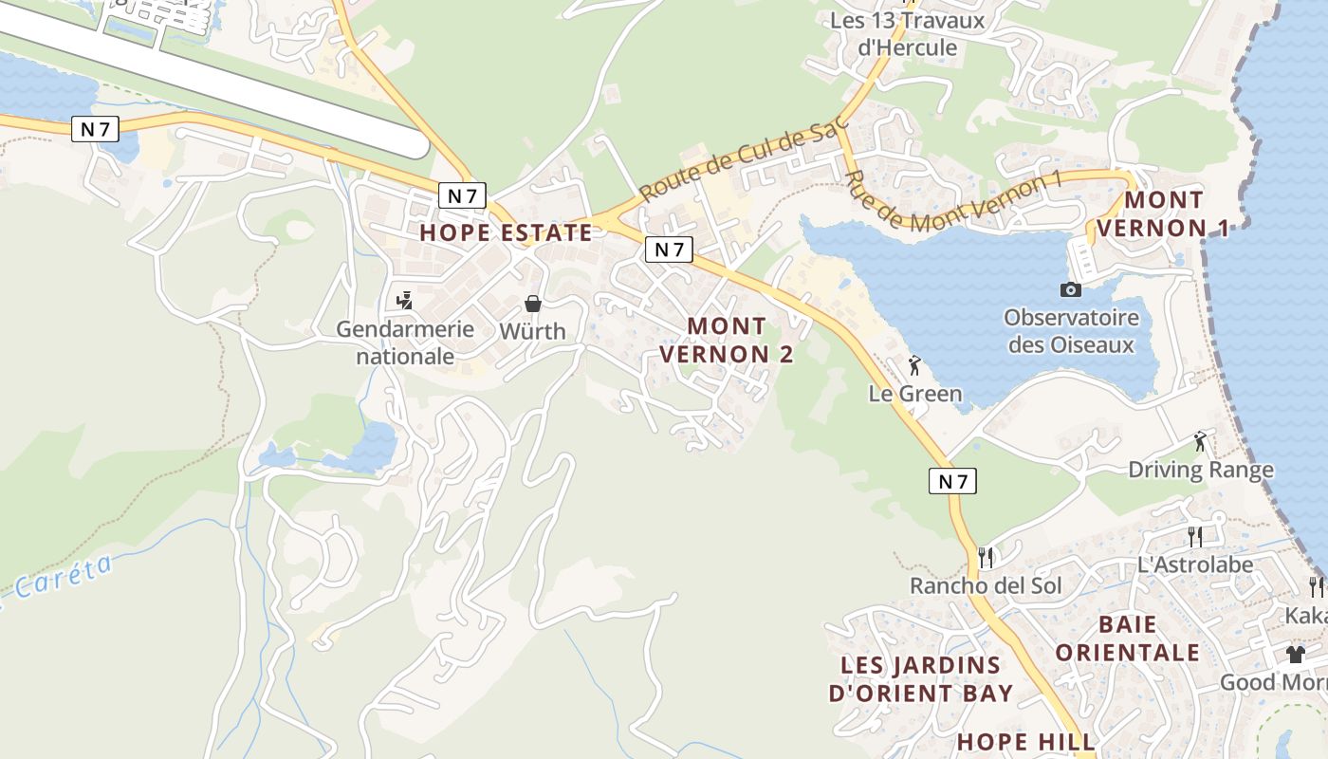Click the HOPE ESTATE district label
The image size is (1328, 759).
point(506,232)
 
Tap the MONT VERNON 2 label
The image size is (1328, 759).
point(726,340)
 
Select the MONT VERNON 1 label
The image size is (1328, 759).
point(1163,213)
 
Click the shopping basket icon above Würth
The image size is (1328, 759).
point(533,304)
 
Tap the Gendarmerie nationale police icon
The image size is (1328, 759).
point(405,301)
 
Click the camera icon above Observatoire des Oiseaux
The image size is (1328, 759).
point(1071,289)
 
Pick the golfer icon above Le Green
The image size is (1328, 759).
point(914,364)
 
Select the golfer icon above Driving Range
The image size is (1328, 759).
point(1201,440)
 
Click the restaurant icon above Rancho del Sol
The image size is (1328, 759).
point(986,557)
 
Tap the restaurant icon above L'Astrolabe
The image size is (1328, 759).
point(1195,536)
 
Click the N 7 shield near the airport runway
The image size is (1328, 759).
point(95,129)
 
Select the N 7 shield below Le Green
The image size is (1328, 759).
point(952,481)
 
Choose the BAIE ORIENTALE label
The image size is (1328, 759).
point(1128,638)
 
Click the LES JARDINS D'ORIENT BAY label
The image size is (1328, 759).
point(920,678)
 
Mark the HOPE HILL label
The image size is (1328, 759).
point(1025,741)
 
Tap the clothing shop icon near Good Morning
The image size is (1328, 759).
point(1296,654)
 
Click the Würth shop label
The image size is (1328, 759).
point(533,331)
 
